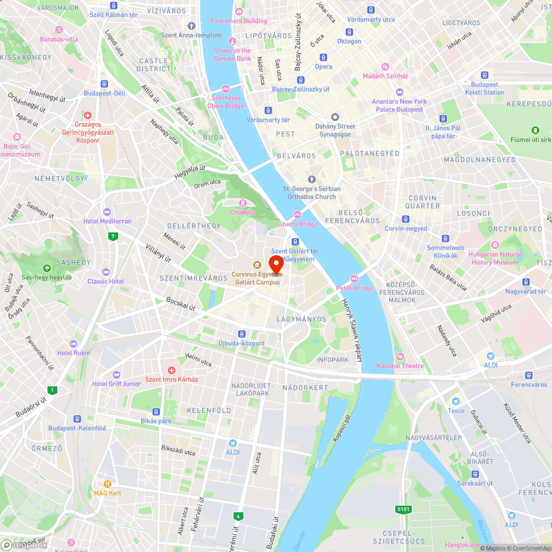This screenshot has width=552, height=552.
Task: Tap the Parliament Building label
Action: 238,21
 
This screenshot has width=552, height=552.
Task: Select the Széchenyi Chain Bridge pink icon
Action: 225,89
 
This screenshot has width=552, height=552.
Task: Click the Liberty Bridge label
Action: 298,224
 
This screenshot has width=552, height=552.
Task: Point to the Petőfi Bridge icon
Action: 354,279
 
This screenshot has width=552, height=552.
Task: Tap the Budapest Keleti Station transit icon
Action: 484,76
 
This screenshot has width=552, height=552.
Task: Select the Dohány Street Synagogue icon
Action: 335,117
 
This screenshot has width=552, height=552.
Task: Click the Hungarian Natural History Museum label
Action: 495,258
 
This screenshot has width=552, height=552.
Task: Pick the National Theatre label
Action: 400,366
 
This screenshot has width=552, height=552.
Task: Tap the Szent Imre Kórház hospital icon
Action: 171,370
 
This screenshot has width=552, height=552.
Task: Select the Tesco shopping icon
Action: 455,401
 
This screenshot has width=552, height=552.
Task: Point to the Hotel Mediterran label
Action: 107,221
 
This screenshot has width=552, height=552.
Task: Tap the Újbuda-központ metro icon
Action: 241,334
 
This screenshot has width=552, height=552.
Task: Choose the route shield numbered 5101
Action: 403,509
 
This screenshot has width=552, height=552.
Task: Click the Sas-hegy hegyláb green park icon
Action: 46,268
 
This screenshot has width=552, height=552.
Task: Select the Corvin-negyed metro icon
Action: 406,219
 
